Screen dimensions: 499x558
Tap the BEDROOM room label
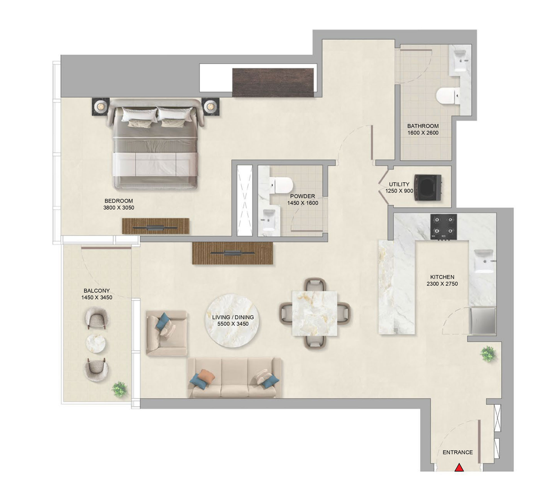click(119, 201)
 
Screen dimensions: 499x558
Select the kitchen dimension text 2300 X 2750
click(442, 284)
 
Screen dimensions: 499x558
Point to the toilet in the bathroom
click(447, 96)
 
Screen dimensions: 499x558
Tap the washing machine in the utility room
click(428, 188)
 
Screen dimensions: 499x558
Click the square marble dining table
click(315, 313)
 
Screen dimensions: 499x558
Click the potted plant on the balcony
click(120, 389)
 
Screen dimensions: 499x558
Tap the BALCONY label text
click(97, 291)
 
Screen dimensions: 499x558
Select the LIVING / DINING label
click(233, 317)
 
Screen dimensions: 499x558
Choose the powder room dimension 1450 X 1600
click(303, 203)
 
